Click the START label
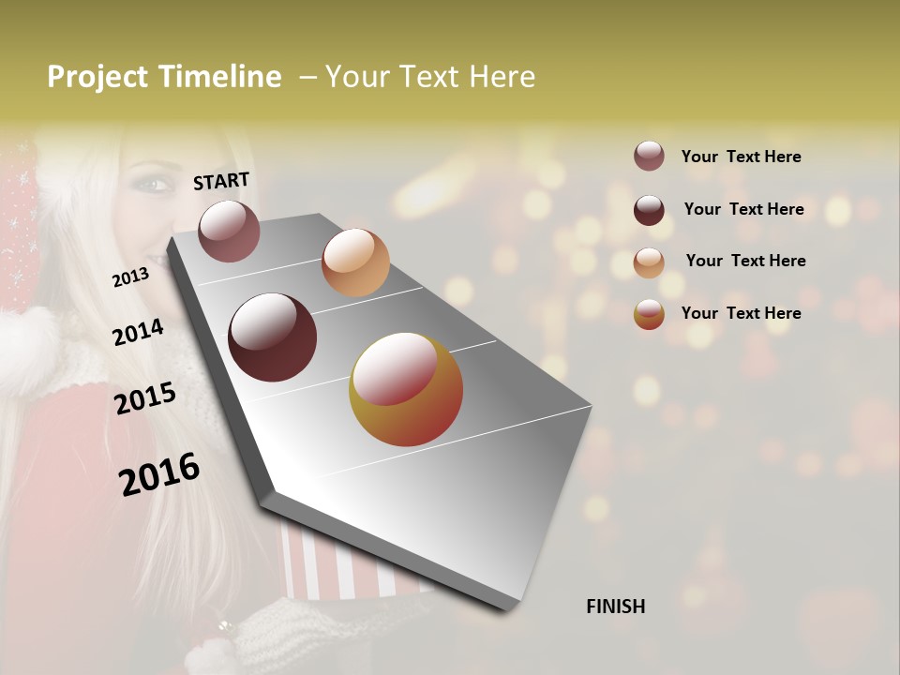(221, 181)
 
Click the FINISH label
(615, 607)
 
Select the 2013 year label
(130, 277)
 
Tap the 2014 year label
(138, 333)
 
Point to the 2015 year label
(144, 398)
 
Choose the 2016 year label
(159, 474)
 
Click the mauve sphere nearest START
(229, 231)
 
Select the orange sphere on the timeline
(355, 262)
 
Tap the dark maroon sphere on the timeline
(273, 337)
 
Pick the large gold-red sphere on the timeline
(406, 389)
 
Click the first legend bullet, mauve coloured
(649, 156)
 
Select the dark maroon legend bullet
(649, 209)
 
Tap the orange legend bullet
(649, 262)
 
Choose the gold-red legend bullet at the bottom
(649, 314)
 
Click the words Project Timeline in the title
(164, 77)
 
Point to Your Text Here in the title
(430, 77)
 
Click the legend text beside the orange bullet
(745, 261)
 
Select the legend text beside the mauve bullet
(741, 157)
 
